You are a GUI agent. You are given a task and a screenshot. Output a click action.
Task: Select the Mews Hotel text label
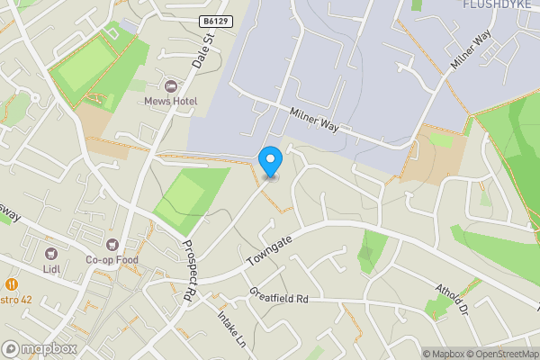pos(171,101)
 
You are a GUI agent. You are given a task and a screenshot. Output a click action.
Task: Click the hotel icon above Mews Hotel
pos(171,85)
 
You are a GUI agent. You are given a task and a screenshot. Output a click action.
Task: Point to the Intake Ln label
pos(231,328)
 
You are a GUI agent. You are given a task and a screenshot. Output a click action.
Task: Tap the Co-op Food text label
pos(112,259)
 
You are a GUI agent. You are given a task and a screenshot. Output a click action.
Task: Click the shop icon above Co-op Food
pos(112,244)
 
